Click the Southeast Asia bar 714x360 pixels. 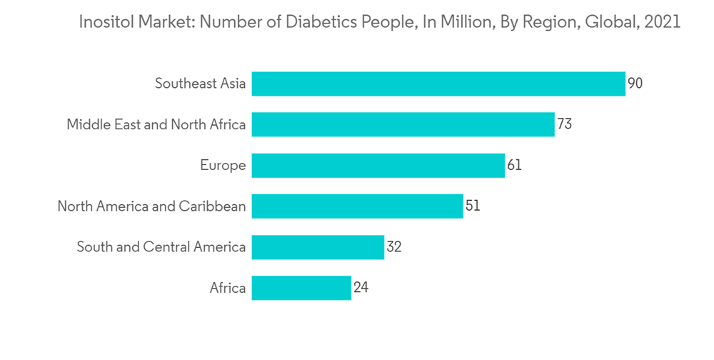(438, 84)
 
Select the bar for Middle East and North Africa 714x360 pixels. (403, 124)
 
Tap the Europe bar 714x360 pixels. (378, 166)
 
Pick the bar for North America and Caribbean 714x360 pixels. (357, 206)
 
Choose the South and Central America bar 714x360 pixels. (318, 247)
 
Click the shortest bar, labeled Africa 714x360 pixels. (301, 288)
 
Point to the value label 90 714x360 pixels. (635, 84)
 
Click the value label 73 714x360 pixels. (564, 124)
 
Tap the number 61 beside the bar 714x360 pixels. (514, 166)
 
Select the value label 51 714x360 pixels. (473, 206)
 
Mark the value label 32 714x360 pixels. (393, 247)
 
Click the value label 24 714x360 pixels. (361, 288)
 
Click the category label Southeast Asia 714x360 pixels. (201, 84)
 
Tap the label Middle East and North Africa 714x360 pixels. (156, 124)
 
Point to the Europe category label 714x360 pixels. (223, 166)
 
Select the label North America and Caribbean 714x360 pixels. (151, 206)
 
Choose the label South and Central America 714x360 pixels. (161, 247)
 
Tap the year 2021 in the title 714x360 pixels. (662, 22)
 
